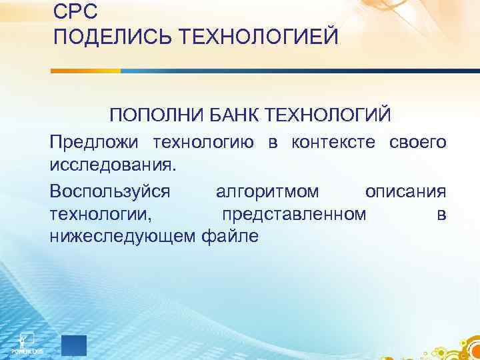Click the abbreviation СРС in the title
coord(75,11)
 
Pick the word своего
coord(417,142)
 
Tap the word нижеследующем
coord(122,235)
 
